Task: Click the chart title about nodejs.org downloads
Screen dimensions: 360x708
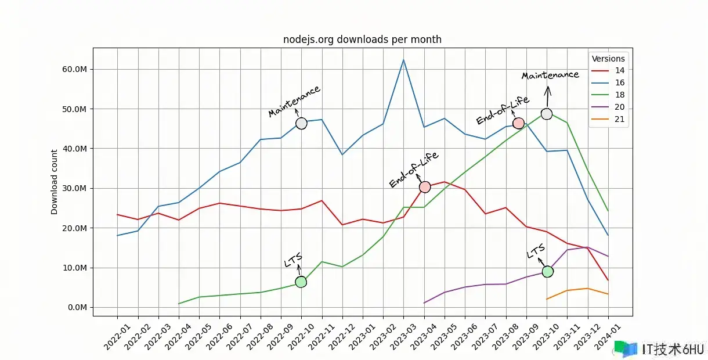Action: [x=362, y=40]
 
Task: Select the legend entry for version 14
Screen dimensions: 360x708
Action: [x=619, y=71]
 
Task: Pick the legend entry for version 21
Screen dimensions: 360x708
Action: [x=619, y=120]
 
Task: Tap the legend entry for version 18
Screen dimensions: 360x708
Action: [x=619, y=95]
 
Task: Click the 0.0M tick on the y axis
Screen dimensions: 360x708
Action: [x=77, y=308]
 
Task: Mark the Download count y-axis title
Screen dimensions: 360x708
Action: [x=55, y=182]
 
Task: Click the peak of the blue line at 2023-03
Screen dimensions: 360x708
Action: [x=403, y=60]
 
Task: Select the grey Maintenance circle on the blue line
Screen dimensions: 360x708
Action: [x=301, y=123]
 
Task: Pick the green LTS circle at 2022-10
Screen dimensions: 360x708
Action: [x=301, y=282]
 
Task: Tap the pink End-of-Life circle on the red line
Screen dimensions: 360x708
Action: [x=425, y=187]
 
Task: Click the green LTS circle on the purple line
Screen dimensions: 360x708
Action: [x=547, y=271]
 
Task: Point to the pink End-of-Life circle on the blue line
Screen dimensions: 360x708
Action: [x=518, y=123]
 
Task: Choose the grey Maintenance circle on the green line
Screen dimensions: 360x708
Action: [x=547, y=114]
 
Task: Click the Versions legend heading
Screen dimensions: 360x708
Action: [x=608, y=59]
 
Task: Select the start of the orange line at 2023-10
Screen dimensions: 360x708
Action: [x=547, y=299]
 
